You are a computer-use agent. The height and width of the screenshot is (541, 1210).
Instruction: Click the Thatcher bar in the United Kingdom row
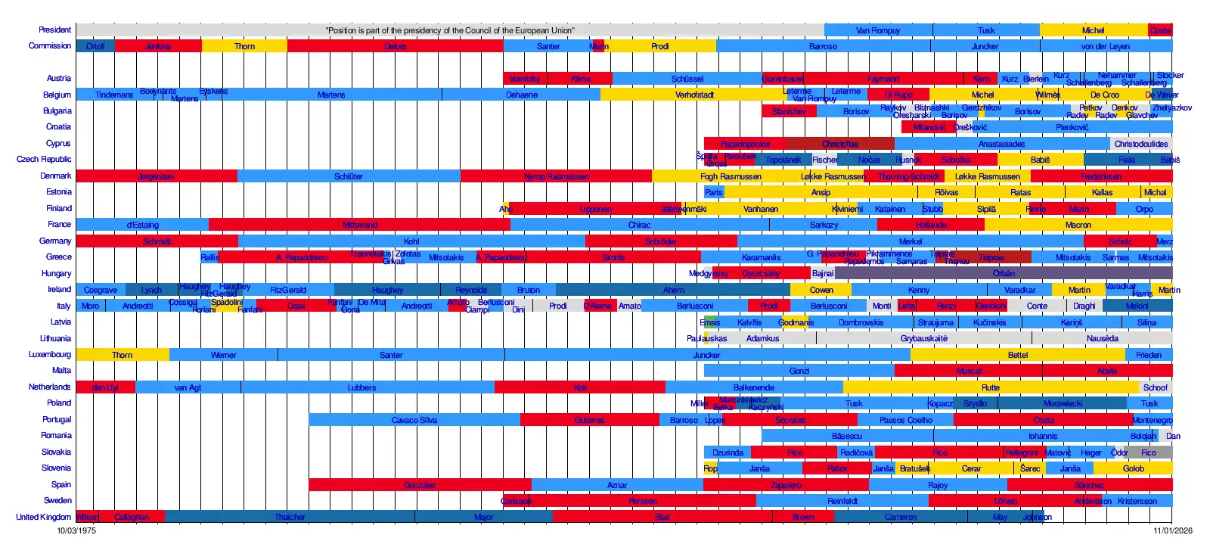click(290, 517)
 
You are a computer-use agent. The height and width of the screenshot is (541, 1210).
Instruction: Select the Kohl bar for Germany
click(411, 241)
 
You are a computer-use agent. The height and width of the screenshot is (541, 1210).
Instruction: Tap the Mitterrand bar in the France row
click(359, 225)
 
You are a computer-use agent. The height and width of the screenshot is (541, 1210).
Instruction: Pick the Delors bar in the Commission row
click(395, 46)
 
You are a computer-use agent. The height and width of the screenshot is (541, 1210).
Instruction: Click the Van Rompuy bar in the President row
click(878, 30)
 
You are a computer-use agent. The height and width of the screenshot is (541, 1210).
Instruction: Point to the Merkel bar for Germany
click(910, 241)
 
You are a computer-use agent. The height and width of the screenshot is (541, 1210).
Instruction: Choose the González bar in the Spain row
click(420, 485)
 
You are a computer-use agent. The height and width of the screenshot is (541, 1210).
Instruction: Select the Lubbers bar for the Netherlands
click(361, 387)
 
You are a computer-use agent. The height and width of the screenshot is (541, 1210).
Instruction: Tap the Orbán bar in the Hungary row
click(1004, 273)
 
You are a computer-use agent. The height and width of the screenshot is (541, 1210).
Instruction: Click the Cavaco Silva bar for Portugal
click(414, 420)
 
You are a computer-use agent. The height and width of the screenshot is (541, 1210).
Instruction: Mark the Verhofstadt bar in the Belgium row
click(694, 95)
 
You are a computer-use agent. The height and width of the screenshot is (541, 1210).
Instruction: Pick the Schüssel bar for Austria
click(687, 79)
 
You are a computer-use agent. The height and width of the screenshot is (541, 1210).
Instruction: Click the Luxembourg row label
click(50, 354)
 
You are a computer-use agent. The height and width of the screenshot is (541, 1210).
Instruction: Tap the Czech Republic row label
click(44, 159)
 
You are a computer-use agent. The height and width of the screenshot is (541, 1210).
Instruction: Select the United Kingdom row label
click(43, 517)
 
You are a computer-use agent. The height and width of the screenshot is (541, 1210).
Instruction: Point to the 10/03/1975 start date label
click(76, 530)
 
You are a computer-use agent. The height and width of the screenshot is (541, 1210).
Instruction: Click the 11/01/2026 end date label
click(1172, 530)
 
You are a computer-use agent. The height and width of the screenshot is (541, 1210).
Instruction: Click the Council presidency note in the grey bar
click(450, 30)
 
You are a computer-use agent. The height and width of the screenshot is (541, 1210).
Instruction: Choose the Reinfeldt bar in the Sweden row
click(842, 501)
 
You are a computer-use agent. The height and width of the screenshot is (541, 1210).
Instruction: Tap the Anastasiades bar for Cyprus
click(1001, 144)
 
